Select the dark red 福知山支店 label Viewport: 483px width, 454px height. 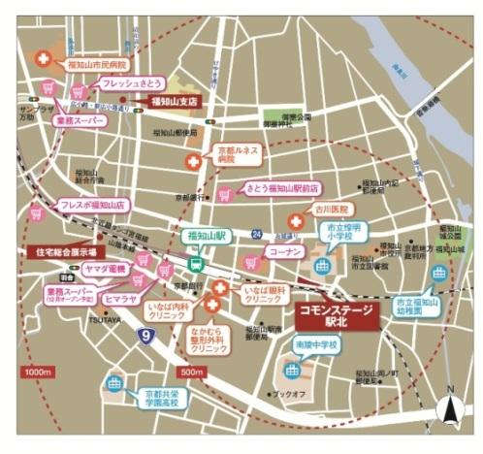173,100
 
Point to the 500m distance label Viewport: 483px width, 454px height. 192,372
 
